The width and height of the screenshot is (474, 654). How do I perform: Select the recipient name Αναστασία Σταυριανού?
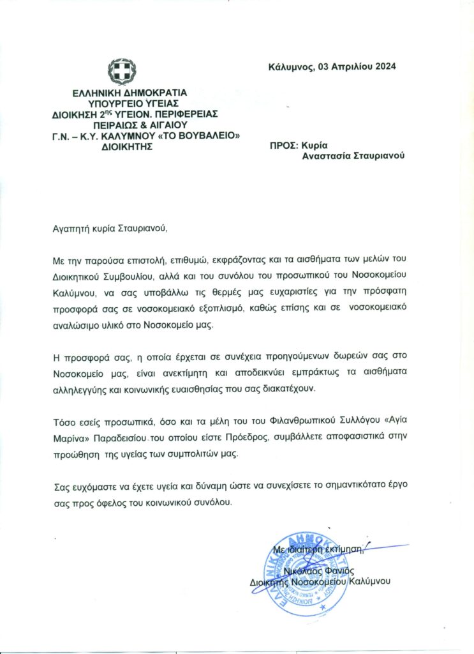click(353, 157)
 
